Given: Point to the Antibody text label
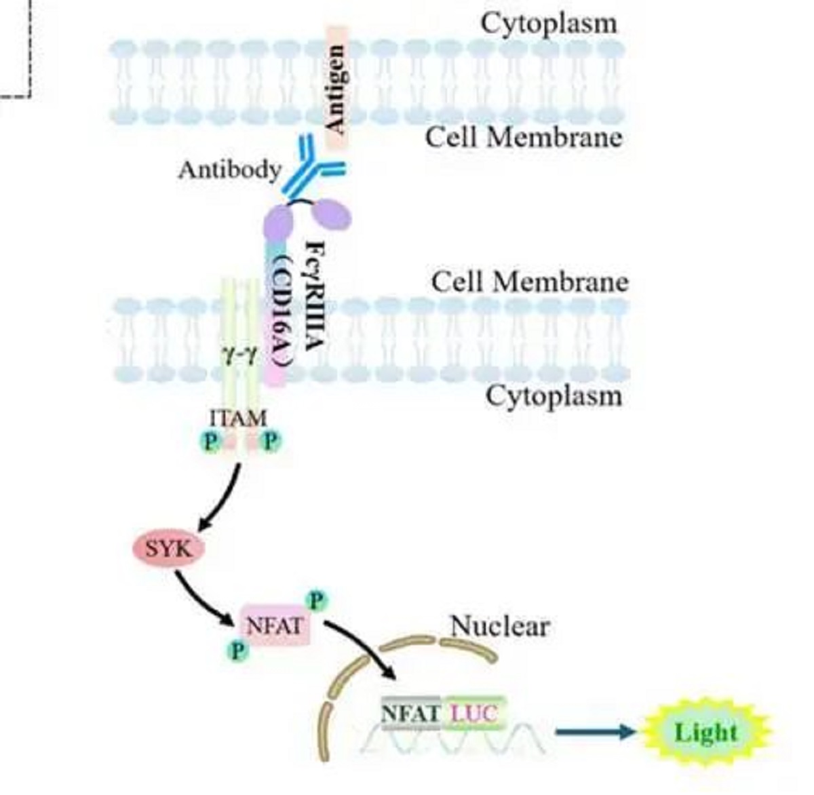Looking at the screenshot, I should [x=229, y=170].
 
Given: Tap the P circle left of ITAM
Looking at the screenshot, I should [x=210, y=442].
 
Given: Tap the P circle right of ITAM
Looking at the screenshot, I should [x=271, y=442].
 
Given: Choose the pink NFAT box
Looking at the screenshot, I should [x=275, y=625].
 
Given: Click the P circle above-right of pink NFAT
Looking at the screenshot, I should [x=316, y=600].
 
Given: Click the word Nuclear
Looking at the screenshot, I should [x=500, y=626].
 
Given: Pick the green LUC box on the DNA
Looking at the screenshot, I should [x=474, y=713].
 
